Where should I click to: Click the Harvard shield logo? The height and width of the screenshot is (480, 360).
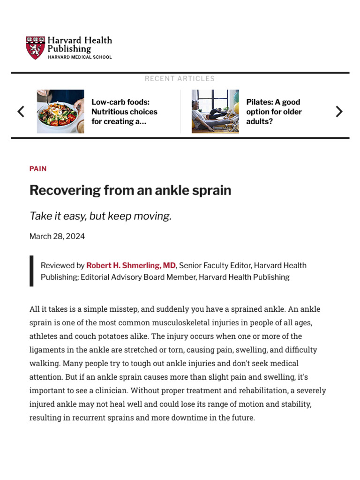tap(36, 48)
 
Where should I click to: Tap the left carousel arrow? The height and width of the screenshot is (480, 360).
tap(21, 112)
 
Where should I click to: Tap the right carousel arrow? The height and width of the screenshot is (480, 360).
tap(339, 112)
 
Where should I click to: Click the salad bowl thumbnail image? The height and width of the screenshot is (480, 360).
tap(60, 112)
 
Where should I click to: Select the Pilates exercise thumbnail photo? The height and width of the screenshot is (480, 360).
tap(215, 112)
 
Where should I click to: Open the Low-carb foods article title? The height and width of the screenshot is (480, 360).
tap(124, 112)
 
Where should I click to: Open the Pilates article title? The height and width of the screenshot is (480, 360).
tap(274, 112)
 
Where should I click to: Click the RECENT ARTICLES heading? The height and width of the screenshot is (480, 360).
tap(180, 79)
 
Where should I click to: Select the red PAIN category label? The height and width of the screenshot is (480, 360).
tap(38, 169)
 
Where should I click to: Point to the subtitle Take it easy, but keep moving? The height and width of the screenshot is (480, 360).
tap(100, 216)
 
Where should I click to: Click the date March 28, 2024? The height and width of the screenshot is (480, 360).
tap(57, 236)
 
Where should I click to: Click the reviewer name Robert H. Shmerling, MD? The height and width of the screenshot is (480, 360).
tap(131, 265)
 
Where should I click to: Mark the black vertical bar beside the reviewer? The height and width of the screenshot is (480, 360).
tap(31, 271)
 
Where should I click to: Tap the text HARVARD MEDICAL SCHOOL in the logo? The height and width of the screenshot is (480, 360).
tap(80, 57)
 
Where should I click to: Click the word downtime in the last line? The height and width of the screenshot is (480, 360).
tap(176, 418)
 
